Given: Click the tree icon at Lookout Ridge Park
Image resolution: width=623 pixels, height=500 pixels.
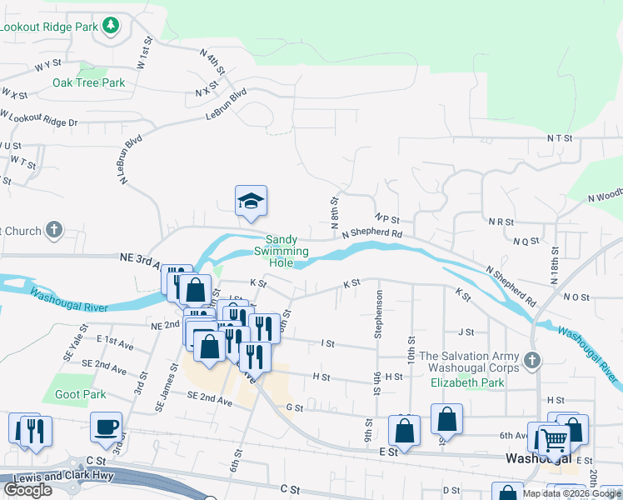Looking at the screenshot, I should (x=111, y=27).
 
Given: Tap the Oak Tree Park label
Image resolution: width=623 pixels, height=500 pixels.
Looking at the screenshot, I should (x=88, y=82).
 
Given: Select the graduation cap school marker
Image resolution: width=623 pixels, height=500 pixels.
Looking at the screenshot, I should (x=251, y=201).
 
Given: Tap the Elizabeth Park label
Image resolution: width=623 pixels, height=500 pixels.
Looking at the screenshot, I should (x=467, y=383).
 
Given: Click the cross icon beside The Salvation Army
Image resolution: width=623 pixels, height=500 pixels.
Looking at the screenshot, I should (x=533, y=360).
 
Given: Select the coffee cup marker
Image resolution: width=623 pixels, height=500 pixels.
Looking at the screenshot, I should (x=106, y=427).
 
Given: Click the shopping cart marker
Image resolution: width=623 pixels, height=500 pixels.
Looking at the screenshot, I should (x=553, y=437).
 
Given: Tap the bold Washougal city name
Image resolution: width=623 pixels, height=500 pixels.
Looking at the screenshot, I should (x=539, y=459).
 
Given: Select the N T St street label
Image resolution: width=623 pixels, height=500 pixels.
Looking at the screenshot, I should (x=561, y=137).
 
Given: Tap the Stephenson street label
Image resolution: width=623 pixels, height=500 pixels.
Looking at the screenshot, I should (x=378, y=313).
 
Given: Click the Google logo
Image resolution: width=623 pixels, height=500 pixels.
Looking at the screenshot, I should (x=27, y=490).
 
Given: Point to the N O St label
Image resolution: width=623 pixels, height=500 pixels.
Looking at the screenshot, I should (x=576, y=297).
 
